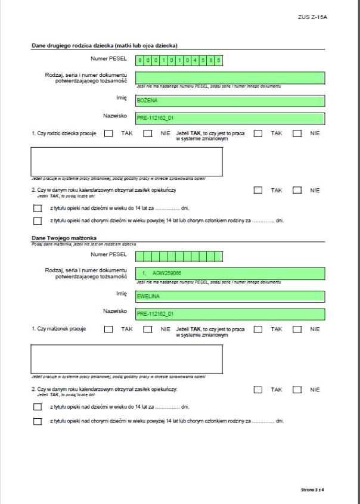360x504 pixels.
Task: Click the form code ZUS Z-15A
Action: (313, 17)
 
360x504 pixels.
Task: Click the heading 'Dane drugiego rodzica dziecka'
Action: (104, 45)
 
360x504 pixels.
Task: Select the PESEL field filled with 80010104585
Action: (179, 60)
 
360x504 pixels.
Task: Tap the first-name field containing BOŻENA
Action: (229, 100)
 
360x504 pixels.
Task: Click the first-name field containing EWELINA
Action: (229, 295)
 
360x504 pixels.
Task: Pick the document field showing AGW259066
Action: (229, 273)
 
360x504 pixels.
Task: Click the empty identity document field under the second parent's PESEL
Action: (229, 77)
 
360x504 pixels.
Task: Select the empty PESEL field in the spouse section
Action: (179, 256)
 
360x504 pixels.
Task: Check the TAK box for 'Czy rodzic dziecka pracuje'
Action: (108, 133)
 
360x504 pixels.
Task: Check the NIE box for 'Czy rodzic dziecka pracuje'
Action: (147, 133)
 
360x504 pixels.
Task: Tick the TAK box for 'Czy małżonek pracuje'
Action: (108, 329)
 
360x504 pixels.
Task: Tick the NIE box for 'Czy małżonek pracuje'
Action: (147, 329)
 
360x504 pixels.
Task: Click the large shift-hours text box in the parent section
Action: (127, 160)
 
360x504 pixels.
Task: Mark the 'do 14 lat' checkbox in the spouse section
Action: (38, 406)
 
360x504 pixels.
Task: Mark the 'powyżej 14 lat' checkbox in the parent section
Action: (38, 221)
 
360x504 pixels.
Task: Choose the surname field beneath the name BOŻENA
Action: (229, 118)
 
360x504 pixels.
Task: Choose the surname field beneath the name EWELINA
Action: (229, 313)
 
